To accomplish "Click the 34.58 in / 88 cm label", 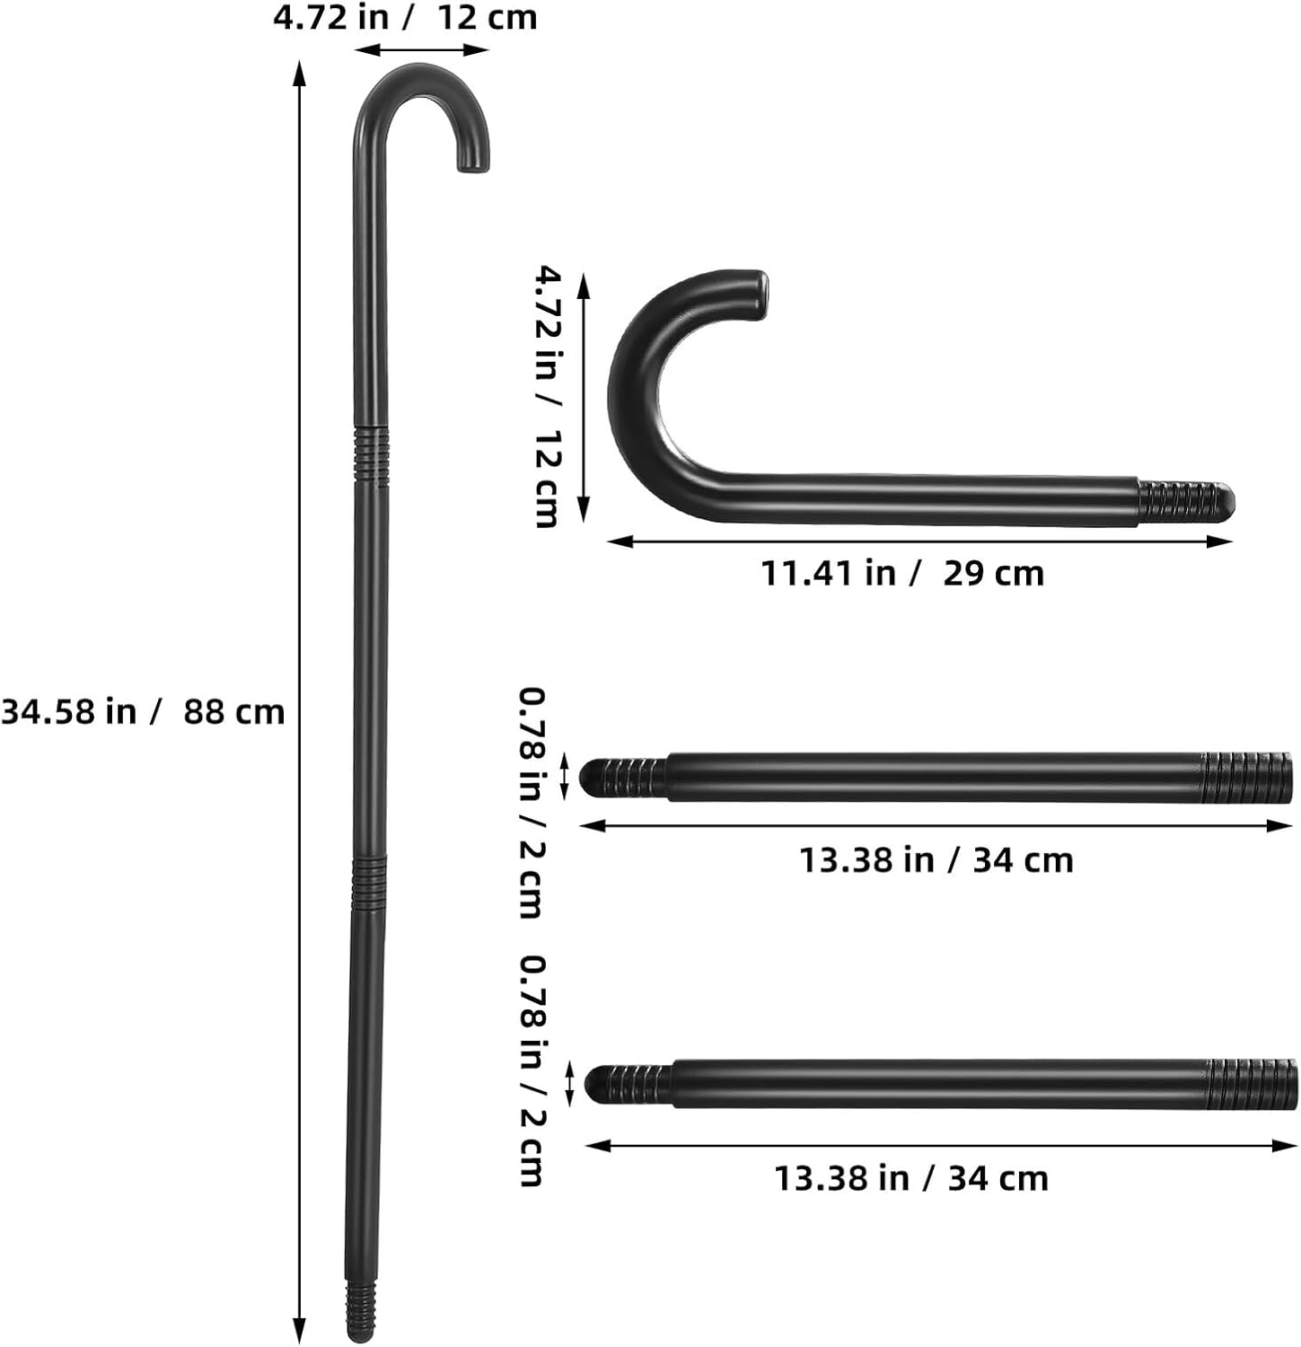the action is tap(143, 711).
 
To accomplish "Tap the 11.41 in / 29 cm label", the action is tap(902, 573).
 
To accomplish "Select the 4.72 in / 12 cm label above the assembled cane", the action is tap(405, 17).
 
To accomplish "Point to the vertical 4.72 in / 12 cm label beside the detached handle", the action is tap(547, 396).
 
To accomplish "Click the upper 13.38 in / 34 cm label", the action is tap(936, 860).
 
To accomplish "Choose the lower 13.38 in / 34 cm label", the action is tap(911, 1178).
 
